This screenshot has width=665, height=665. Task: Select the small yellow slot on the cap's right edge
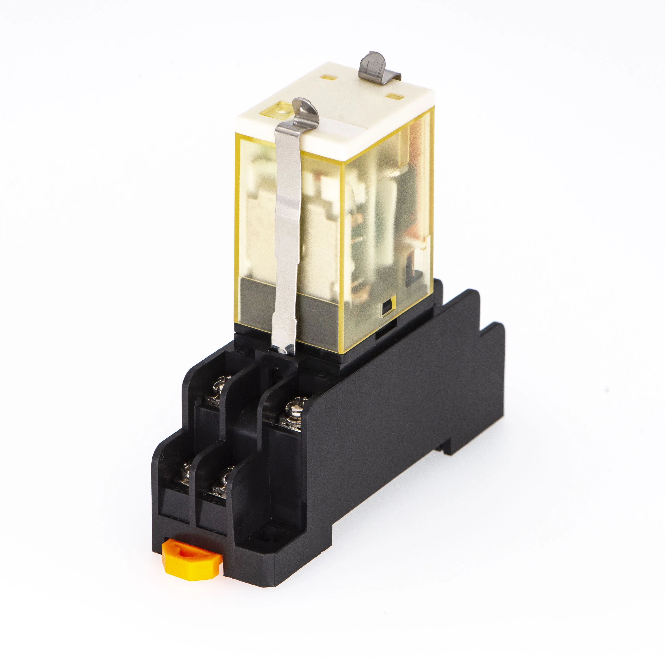pos(394,95)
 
